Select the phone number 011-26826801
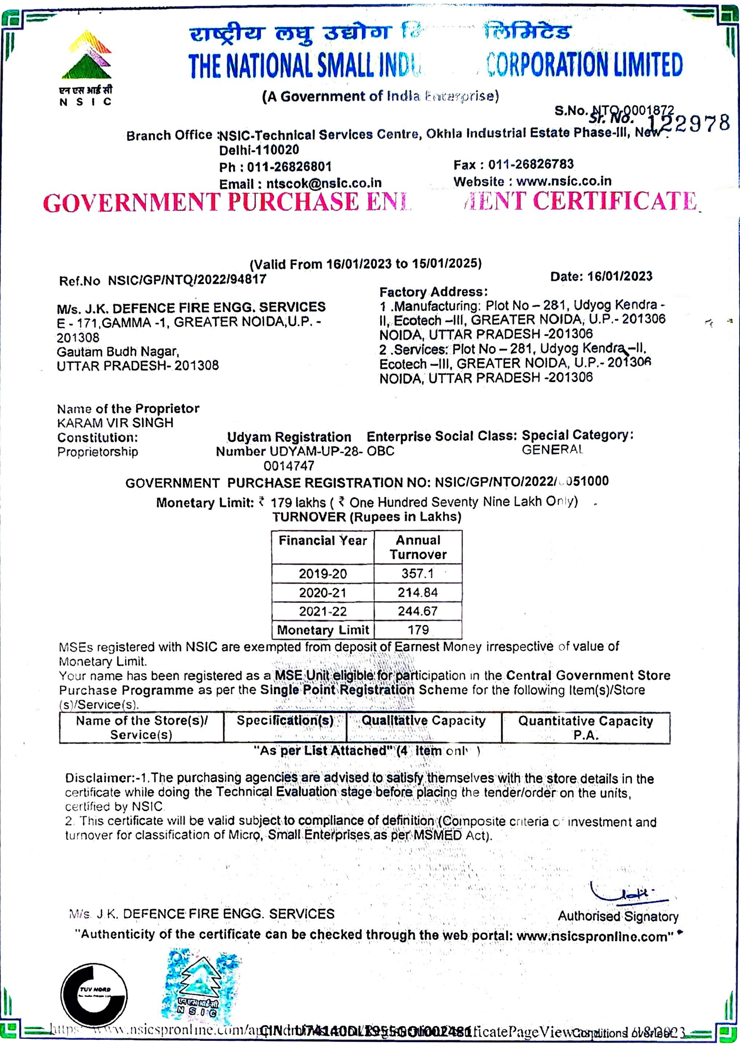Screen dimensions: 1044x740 click(x=289, y=167)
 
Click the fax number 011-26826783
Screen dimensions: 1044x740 click(x=530, y=165)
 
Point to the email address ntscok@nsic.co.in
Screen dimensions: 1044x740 click(x=324, y=183)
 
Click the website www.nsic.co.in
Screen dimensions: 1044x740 click(x=564, y=181)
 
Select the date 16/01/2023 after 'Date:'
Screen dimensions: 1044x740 click(x=620, y=276)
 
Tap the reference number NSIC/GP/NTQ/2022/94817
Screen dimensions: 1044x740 click(x=187, y=280)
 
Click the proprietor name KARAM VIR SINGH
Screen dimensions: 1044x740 click(x=115, y=423)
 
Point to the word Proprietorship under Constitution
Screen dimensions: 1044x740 click(x=98, y=452)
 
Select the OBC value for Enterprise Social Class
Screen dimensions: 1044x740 click(x=381, y=451)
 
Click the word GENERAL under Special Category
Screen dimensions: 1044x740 click(x=552, y=449)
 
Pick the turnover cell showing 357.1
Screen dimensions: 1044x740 click(x=418, y=574)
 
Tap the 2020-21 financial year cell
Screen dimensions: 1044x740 click(x=322, y=592)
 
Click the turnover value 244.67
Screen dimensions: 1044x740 click(x=418, y=611)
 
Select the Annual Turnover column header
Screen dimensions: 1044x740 click(x=418, y=547)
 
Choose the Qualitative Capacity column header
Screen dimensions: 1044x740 click(x=424, y=721)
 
